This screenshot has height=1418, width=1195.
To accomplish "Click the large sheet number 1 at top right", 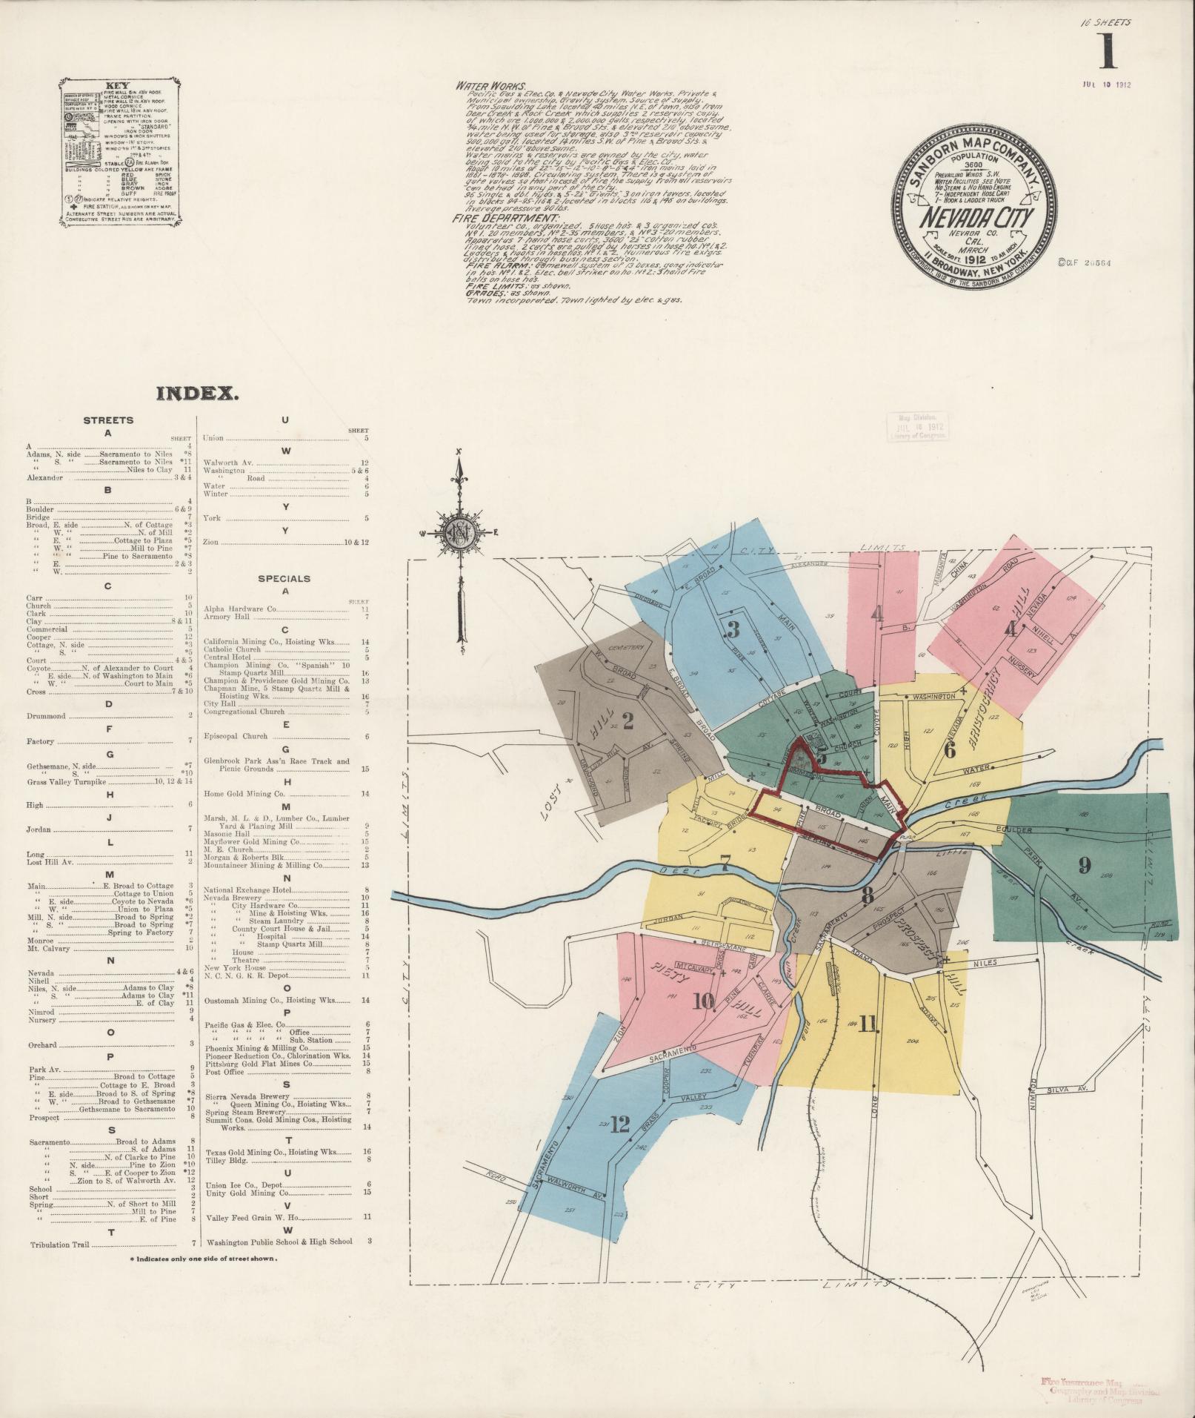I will pos(1108,51).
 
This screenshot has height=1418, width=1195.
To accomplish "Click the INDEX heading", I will pos(197,394).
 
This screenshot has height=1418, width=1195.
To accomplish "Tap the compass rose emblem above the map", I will pos(459,531).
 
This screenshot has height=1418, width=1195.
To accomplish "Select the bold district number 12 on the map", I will pos(620,1145).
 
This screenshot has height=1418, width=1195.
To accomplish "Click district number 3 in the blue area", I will pos(733,629).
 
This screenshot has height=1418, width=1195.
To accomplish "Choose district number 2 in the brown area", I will pos(628,721).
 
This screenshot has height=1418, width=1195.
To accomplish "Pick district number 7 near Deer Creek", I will pos(725,862).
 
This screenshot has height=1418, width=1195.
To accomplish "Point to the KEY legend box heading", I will pos(117,85).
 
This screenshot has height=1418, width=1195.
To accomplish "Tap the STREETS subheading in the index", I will pos(108,420).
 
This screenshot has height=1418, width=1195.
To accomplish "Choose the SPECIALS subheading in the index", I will pos(284,578).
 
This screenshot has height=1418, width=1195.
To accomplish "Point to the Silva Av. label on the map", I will pos(1067,1090).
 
